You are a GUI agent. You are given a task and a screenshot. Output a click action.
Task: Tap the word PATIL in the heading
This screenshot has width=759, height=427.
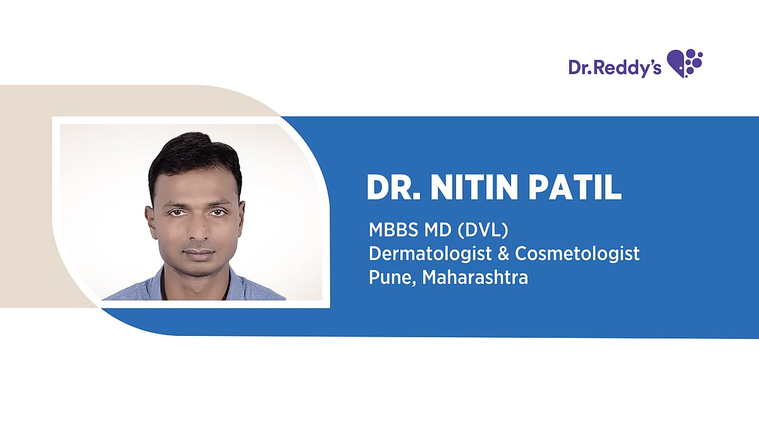click(x=576, y=187)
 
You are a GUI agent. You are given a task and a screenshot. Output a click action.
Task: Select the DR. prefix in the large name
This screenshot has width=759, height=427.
click(x=393, y=187)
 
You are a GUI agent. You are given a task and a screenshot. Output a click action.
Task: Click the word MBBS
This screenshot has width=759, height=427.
click(x=393, y=230)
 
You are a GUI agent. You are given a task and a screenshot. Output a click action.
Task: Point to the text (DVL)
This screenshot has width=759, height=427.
click(x=483, y=230)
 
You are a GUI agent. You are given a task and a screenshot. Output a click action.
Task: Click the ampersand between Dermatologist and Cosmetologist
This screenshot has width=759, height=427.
click(x=503, y=254)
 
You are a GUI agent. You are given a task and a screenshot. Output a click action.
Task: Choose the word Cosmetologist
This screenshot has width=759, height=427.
click(x=577, y=254)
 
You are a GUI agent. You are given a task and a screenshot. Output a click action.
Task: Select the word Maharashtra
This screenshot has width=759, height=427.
click(x=475, y=277)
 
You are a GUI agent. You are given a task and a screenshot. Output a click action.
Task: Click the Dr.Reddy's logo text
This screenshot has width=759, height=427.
click(x=615, y=68)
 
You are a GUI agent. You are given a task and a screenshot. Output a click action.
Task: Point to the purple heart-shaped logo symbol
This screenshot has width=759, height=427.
click(x=685, y=63)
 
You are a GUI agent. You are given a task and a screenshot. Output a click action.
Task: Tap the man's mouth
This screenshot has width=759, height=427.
click(x=199, y=254)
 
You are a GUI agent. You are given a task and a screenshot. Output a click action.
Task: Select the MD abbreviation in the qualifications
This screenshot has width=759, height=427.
click(x=438, y=230)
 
